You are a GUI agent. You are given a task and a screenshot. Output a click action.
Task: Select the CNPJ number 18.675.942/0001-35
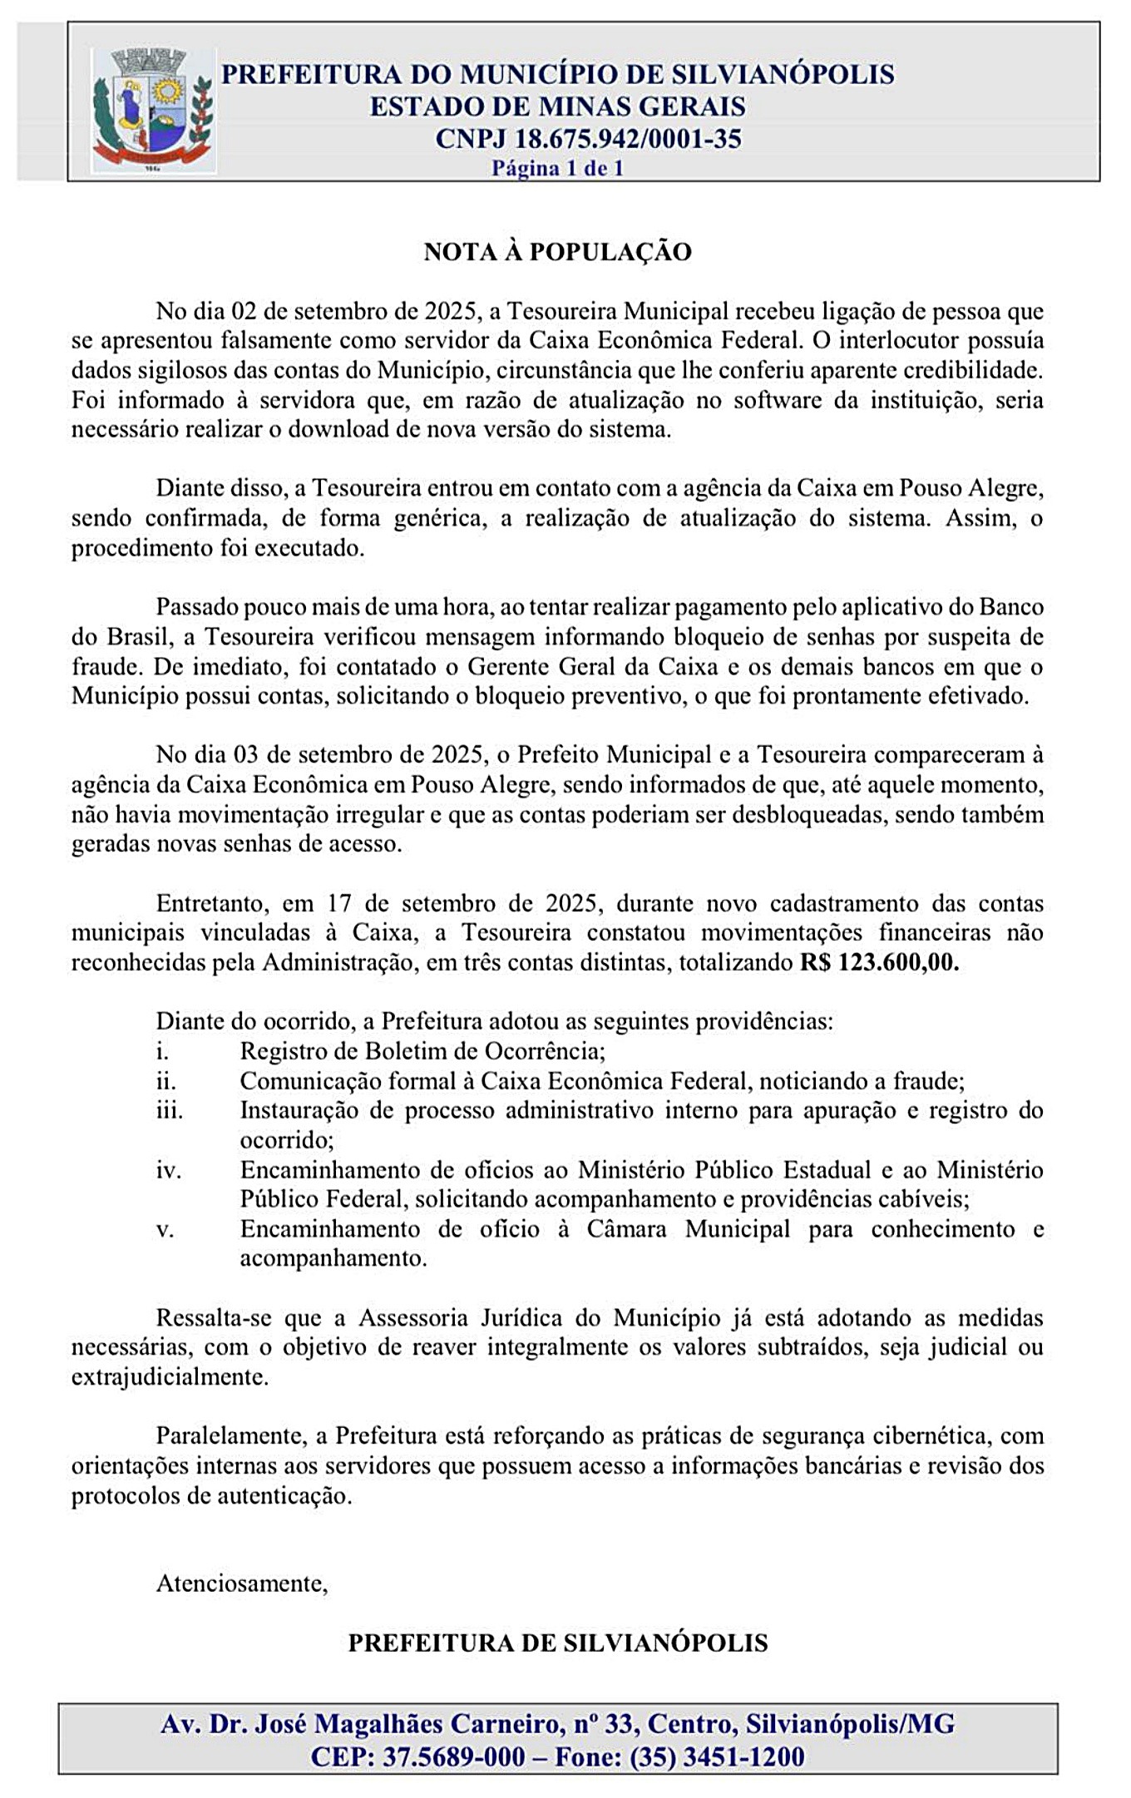click(x=628, y=138)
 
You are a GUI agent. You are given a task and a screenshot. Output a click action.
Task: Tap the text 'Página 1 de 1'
click(x=557, y=168)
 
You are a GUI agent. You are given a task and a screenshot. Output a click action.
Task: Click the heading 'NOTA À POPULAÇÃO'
click(x=557, y=252)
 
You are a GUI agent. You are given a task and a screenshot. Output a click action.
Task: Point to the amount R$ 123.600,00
click(x=879, y=963)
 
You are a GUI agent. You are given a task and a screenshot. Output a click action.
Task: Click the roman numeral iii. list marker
click(x=170, y=1110)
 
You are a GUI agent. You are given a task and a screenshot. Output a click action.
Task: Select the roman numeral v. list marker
click(x=165, y=1229)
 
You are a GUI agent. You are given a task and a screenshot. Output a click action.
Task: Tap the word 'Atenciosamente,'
click(x=242, y=1583)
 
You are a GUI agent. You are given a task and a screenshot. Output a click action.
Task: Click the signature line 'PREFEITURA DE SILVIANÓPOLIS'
click(x=557, y=1642)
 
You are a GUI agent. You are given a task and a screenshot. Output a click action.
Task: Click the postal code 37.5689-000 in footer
click(x=453, y=1757)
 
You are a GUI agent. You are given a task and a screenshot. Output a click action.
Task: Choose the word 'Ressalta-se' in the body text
click(x=210, y=1317)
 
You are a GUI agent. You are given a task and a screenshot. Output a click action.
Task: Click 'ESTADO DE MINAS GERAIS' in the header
click(x=557, y=106)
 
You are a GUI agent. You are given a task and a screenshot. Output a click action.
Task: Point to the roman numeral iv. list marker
click(x=168, y=1170)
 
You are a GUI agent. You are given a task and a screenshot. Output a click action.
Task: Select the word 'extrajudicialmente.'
click(x=170, y=1376)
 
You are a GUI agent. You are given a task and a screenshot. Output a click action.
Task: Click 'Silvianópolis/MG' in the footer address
click(x=850, y=1724)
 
